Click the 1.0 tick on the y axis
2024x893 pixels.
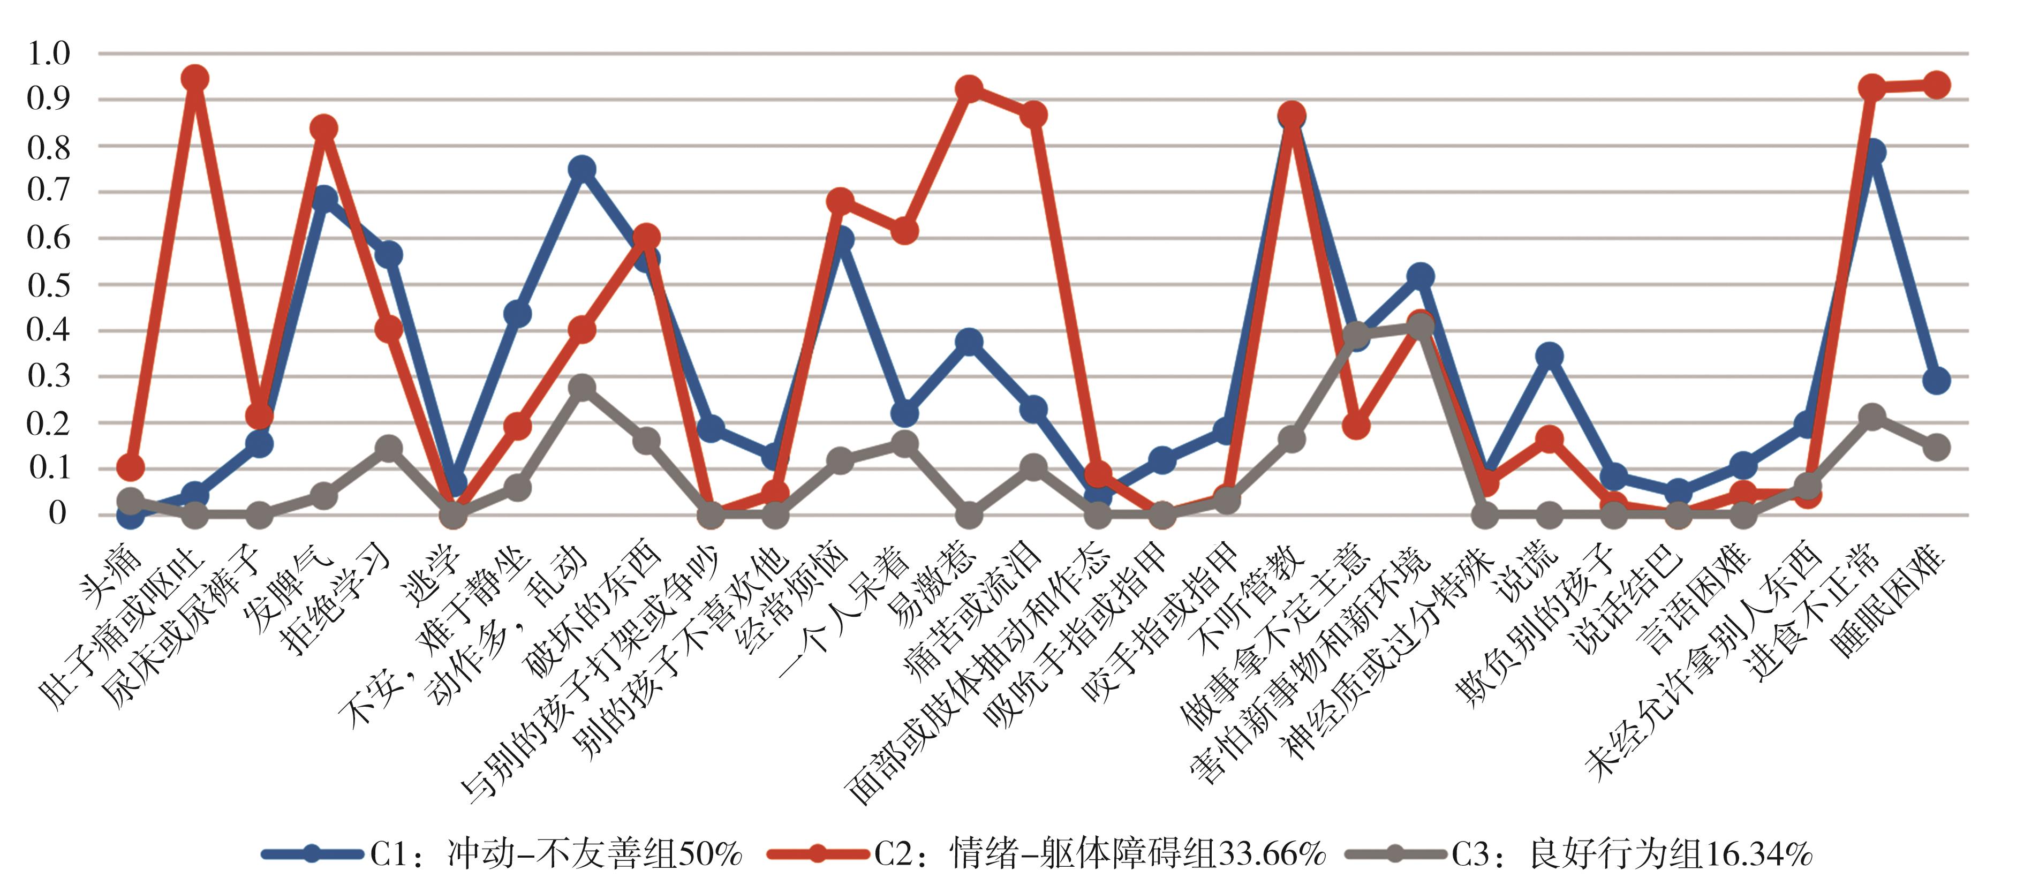point(49,54)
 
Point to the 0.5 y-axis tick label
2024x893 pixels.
point(49,284)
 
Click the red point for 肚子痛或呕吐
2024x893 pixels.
point(195,79)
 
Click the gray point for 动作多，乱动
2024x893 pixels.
point(582,387)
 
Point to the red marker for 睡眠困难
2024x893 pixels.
point(1936,85)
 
